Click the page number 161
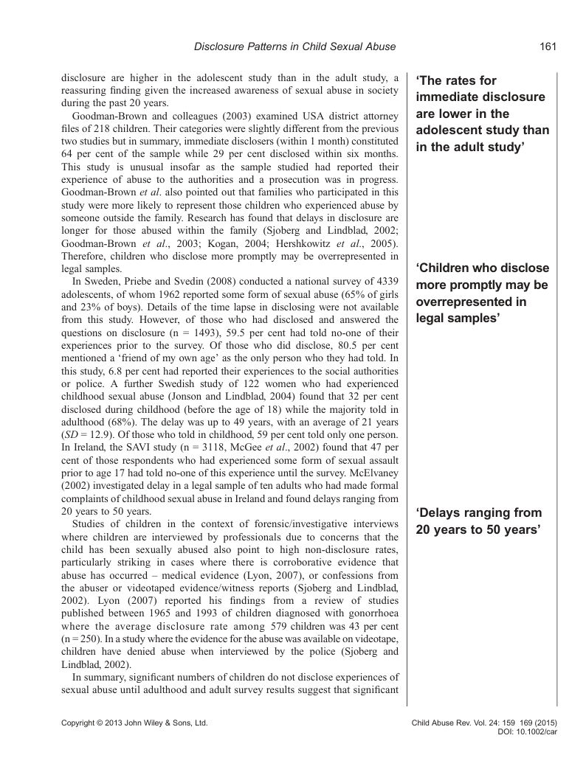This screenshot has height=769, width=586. tap(547, 46)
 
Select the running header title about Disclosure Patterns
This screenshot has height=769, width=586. tap(294, 46)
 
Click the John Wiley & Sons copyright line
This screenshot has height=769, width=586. tap(134, 724)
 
